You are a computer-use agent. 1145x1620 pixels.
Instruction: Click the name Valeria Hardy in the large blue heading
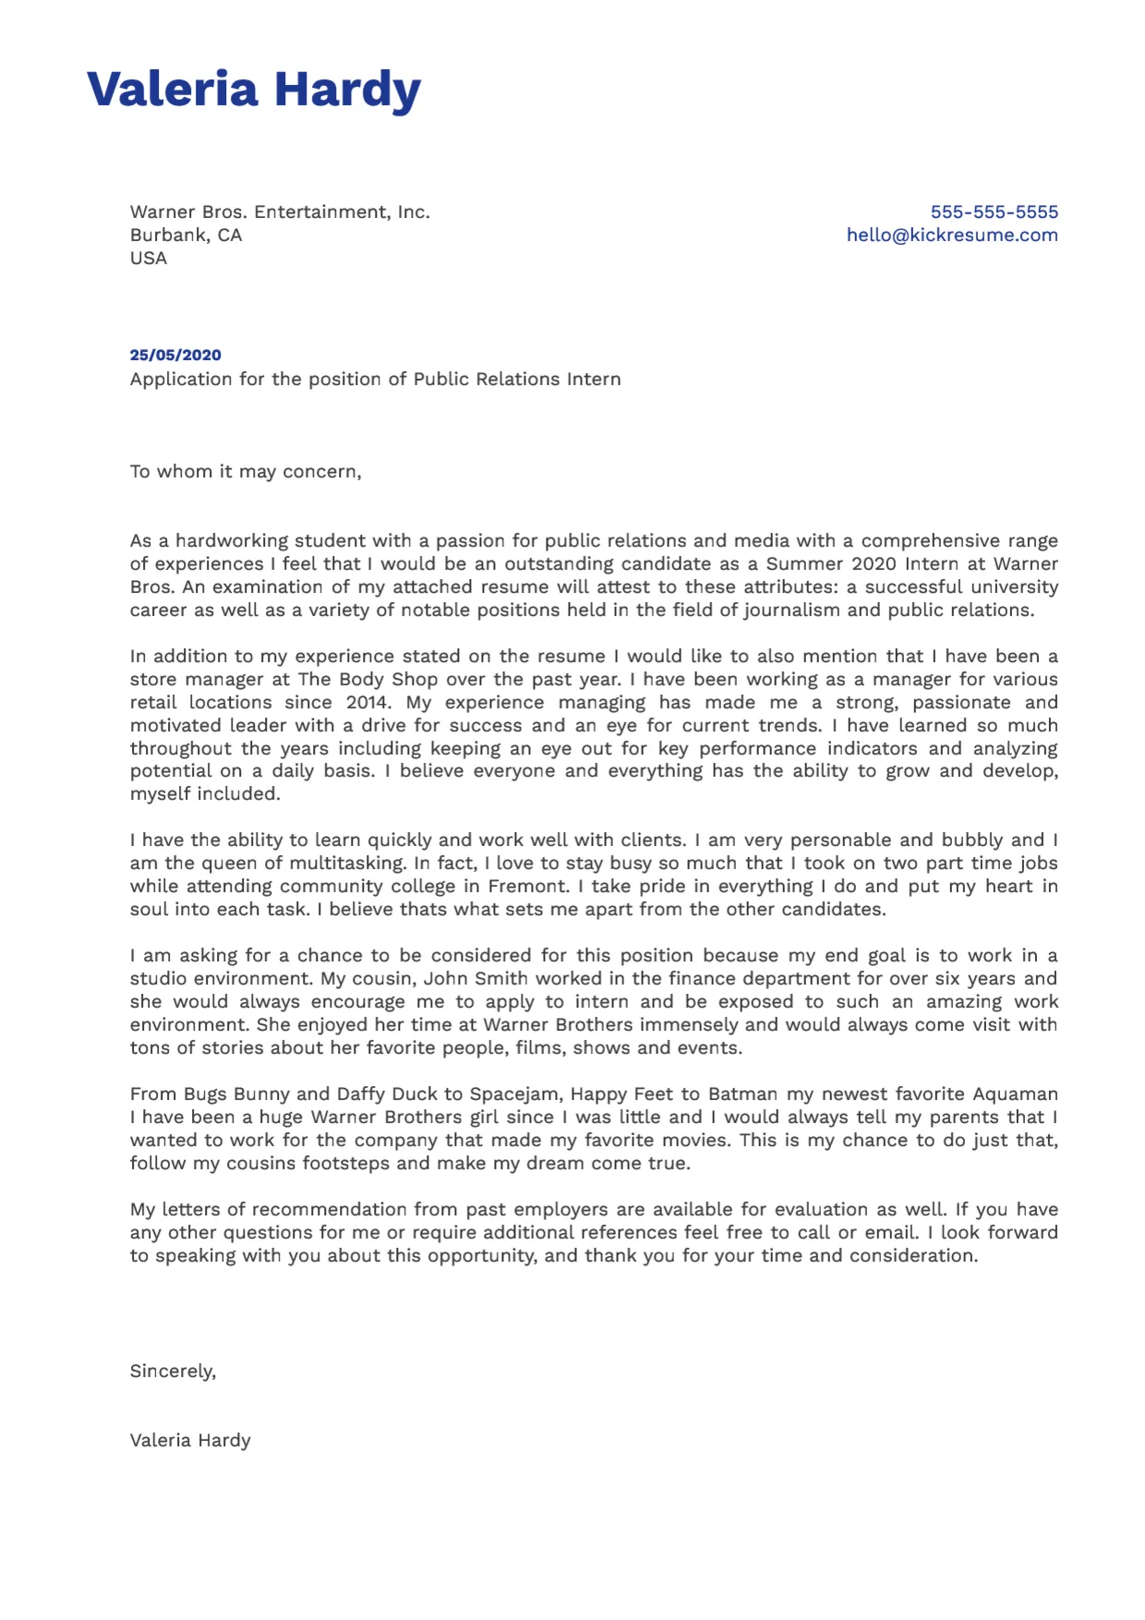253,90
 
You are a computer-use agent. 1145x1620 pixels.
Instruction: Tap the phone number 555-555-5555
994,212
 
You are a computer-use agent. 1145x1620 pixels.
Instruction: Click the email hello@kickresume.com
952,235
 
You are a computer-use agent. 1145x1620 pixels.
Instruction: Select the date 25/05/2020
175,355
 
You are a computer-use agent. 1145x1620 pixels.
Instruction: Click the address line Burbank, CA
186,235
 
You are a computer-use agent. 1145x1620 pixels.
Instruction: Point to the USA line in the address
149,258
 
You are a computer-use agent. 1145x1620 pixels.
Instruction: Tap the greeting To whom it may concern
245,471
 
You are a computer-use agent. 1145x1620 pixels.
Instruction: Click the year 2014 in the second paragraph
367,702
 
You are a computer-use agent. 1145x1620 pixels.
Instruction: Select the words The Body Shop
368,679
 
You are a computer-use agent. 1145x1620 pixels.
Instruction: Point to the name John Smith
476,978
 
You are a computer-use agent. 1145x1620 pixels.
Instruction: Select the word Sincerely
173,1371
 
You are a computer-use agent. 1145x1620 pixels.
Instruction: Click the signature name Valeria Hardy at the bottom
190,1440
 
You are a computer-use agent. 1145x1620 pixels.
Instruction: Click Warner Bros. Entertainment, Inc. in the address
280,212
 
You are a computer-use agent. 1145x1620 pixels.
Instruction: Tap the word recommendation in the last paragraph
330,1209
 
